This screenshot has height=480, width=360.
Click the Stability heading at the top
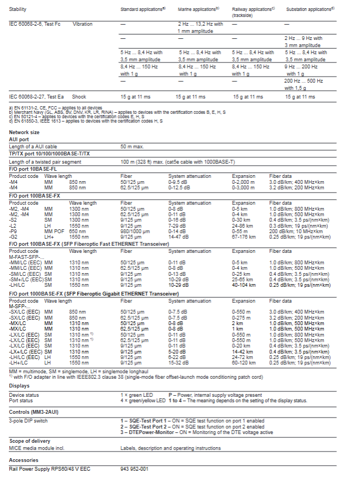[x=18, y=9]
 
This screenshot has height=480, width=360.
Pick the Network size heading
[x=24, y=132]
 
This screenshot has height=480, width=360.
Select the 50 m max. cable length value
[x=132, y=147]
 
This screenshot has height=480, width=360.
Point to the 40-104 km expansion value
[x=243, y=285]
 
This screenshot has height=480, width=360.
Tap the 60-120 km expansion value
[x=243, y=362]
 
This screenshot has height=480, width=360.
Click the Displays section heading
[x=19, y=385]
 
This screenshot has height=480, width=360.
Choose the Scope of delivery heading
[x=30, y=440]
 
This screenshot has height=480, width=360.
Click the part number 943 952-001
[x=134, y=469]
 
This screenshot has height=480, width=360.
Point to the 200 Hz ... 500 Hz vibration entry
[x=304, y=81]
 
